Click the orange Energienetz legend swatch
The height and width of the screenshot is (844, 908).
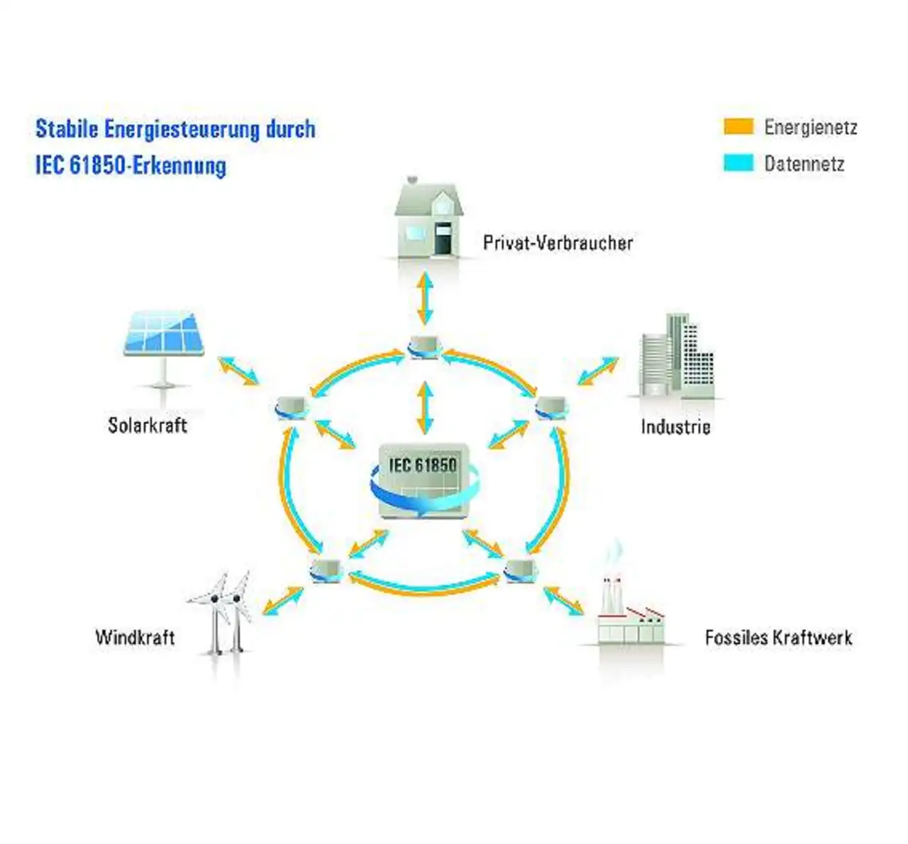point(738,126)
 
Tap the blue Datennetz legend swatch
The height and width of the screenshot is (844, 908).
point(738,163)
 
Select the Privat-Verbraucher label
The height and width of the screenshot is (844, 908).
point(558,243)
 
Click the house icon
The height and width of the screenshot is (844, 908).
point(429,216)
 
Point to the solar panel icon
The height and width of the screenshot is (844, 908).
point(164,340)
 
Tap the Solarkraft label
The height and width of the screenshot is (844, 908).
point(148,425)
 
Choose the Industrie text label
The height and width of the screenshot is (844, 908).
point(675,426)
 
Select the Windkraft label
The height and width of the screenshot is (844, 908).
point(135,636)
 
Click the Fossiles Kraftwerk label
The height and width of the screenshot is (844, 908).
point(778,637)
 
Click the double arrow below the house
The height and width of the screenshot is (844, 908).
point(425,298)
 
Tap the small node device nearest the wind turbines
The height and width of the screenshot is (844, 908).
point(326,570)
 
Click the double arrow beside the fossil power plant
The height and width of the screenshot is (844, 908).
point(564,600)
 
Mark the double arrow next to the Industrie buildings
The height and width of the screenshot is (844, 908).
point(597,370)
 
